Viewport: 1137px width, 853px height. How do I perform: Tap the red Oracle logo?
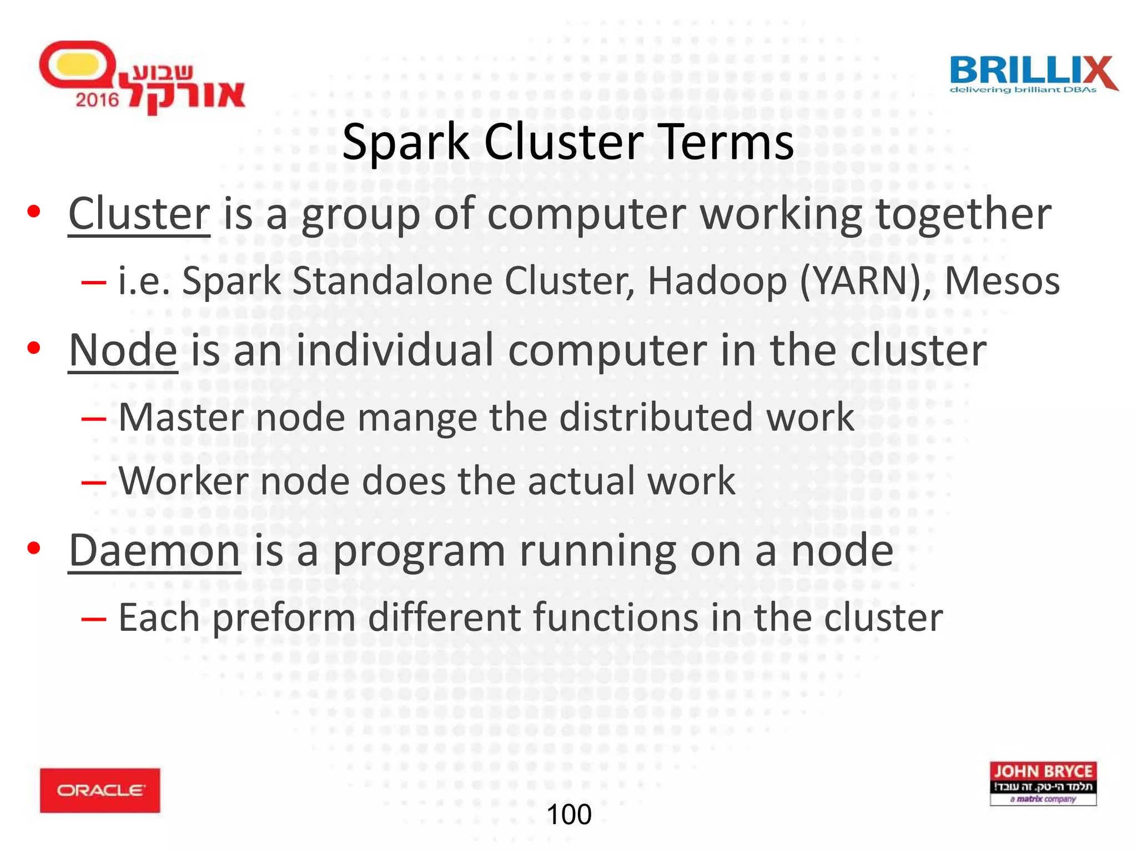point(100,790)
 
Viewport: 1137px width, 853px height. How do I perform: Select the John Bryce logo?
point(1043,784)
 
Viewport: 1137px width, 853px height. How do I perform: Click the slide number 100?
point(569,815)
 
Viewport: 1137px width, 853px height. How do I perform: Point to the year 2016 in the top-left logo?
point(97,100)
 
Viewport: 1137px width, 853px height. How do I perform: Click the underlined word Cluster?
point(139,214)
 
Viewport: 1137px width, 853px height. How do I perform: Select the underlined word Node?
point(123,350)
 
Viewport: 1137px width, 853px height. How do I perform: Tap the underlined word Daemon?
point(154,550)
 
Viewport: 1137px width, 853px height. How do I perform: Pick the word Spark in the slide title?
point(406,143)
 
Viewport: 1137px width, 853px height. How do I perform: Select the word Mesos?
point(1002,281)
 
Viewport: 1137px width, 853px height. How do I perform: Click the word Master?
point(181,417)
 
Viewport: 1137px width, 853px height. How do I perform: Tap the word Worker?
point(184,481)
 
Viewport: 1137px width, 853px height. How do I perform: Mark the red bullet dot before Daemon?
point(34,549)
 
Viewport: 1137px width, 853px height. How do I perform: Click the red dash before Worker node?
point(93,483)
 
